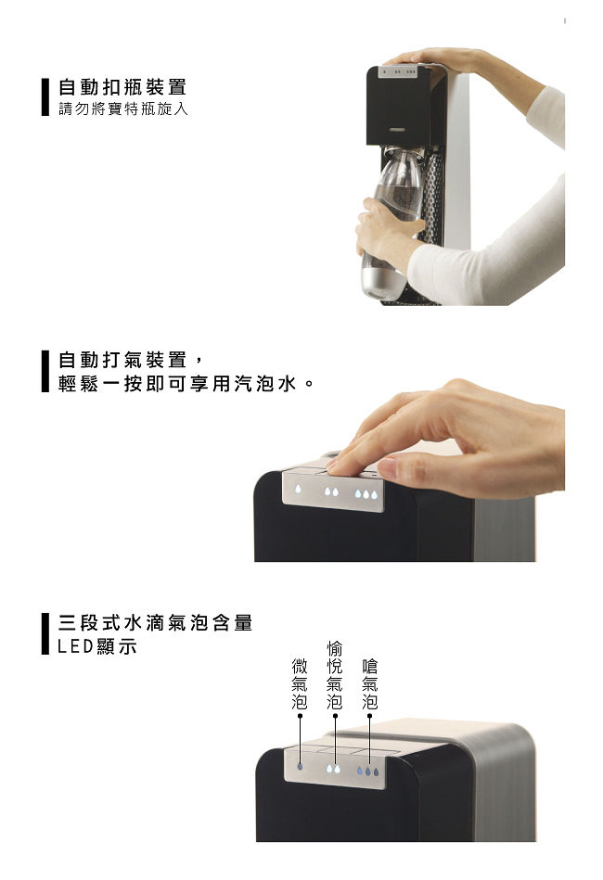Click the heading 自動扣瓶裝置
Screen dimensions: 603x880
[122, 87]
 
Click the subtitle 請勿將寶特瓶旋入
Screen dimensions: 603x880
[123, 108]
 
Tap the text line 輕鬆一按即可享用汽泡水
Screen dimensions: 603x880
[186, 384]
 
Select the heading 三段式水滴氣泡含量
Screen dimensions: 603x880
[156, 622]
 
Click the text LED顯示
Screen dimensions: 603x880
[97, 646]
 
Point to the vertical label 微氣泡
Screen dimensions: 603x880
[300, 683]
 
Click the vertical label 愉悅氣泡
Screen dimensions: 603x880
[335, 675]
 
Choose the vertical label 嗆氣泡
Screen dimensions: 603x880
[369, 683]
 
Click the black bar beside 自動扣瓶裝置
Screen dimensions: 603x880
[45, 96]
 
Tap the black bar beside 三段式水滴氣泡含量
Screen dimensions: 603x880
[45, 633]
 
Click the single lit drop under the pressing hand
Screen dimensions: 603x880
[298, 489]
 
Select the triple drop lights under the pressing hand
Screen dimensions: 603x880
[366, 494]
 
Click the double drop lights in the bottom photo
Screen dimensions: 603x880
[333, 769]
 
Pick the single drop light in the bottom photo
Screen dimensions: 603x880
[300, 766]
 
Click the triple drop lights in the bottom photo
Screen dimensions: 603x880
[367, 772]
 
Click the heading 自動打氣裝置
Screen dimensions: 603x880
[122, 360]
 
